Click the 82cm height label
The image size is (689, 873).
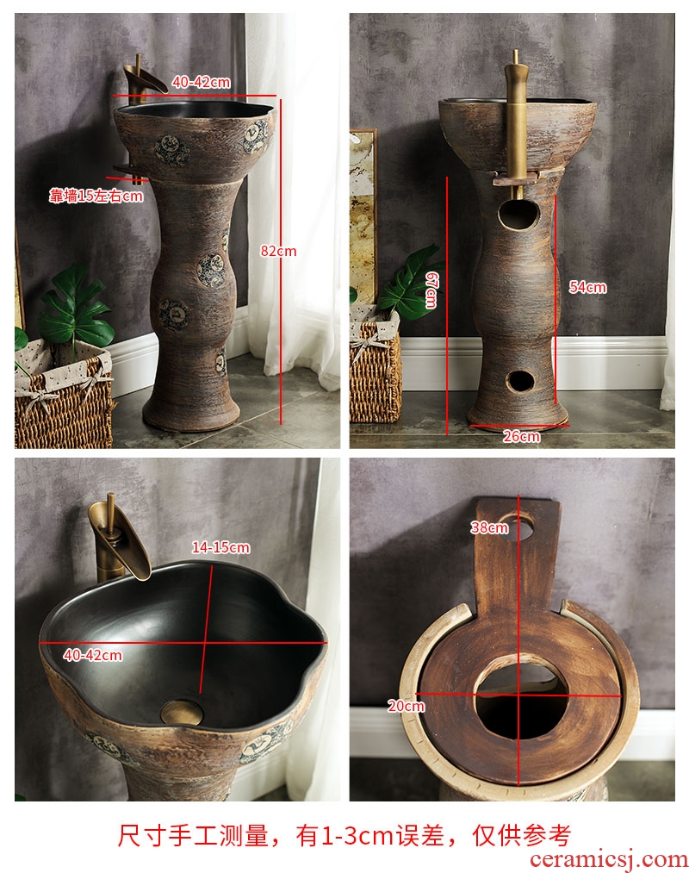tap(278, 251)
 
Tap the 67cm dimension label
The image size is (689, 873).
tap(431, 290)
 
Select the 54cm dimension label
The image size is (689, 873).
tap(587, 287)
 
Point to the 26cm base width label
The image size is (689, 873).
tap(521, 436)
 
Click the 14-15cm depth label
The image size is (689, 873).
tap(221, 547)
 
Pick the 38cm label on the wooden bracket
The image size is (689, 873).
tap(489, 527)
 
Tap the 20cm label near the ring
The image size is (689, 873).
tap(407, 706)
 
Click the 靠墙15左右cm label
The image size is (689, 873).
tap(96, 196)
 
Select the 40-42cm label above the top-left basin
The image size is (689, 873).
tap(201, 83)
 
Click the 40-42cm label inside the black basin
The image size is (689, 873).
tap(92, 655)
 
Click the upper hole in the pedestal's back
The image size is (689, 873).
tap(518, 215)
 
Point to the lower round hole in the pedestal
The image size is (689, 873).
tap(520, 381)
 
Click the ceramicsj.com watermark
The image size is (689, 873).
tap(609, 859)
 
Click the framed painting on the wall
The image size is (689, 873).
tap(363, 217)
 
